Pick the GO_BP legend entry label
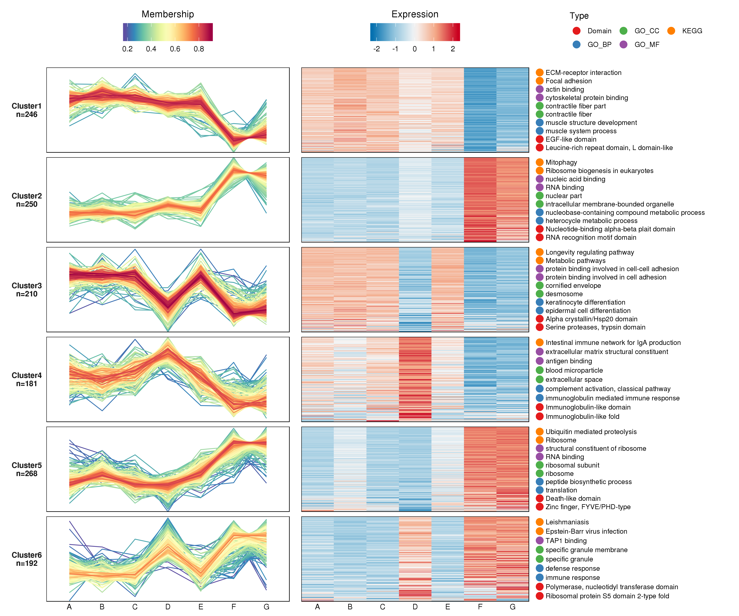click(599, 45)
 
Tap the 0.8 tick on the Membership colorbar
click(199, 49)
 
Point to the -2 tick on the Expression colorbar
click(377, 49)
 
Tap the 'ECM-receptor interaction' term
click(583, 72)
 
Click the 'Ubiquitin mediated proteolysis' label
click(591, 432)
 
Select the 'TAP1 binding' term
click(566, 541)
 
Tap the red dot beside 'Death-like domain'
click(539, 499)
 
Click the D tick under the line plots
click(168, 607)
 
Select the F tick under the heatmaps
click(480, 607)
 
